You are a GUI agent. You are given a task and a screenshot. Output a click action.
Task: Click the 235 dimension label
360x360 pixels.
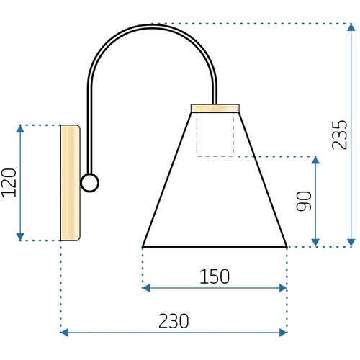pyautogui.click(x=340, y=135)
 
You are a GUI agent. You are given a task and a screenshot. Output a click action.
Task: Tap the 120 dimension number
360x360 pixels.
pyautogui.click(x=9, y=183)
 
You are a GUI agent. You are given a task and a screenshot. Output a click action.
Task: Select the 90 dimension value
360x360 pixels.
pyautogui.click(x=304, y=201)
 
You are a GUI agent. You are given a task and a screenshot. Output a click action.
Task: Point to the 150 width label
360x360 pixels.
pyautogui.click(x=215, y=276)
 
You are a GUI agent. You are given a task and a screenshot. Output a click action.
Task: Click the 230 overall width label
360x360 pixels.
pyautogui.click(x=174, y=321)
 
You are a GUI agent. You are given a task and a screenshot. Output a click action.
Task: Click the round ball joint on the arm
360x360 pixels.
pyautogui.click(x=90, y=183)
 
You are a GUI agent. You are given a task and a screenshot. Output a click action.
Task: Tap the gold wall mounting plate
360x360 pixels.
pyautogui.click(x=71, y=183)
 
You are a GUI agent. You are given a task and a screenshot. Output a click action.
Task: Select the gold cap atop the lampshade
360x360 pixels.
pyautogui.click(x=215, y=108)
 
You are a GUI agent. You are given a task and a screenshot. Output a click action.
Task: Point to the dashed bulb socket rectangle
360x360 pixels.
pyautogui.click(x=215, y=135)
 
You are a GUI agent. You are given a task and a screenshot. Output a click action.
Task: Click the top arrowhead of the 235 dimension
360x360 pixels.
pyautogui.click(x=351, y=27)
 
